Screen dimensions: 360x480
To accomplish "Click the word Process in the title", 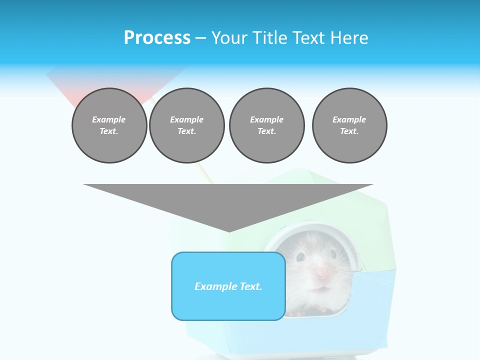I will [157, 38].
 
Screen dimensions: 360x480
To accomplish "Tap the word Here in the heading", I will [350, 38].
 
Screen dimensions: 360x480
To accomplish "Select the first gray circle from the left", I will [109, 125].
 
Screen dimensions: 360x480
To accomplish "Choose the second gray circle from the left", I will [187, 125].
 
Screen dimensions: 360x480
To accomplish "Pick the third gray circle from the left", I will [266, 125].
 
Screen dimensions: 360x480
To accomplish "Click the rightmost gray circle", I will [349, 125].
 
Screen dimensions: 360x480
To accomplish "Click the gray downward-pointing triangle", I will [228, 200].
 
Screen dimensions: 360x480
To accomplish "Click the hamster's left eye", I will [300, 257].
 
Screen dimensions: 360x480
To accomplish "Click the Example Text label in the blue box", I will [228, 286].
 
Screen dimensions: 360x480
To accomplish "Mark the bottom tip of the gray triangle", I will [229, 230].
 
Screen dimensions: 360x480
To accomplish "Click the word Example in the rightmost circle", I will [349, 119].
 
